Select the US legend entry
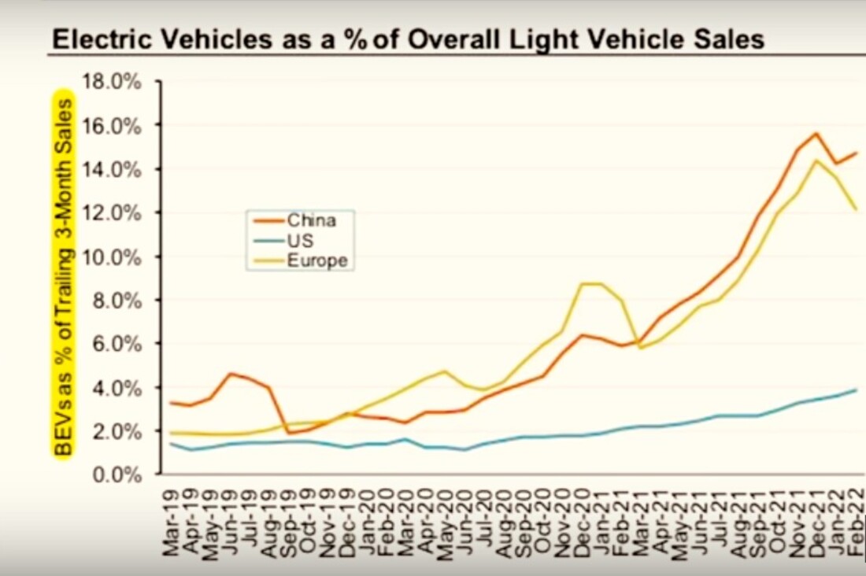tap(300, 241)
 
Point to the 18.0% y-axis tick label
tap(113, 82)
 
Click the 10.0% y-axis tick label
tap(113, 257)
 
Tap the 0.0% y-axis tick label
tap(117, 475)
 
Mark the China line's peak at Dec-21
tap(816, 134)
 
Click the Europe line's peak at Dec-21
tap(816, 161)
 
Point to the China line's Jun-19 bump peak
tap(230, 374)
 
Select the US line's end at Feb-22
tap(857, 390)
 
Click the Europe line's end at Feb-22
tap(857, 209)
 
